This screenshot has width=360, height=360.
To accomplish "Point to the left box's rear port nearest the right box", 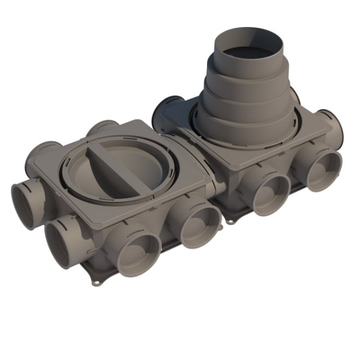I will (103, 129).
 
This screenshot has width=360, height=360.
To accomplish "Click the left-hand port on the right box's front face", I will (270, 192).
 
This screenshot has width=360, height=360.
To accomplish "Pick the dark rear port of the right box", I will (167, 112).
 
